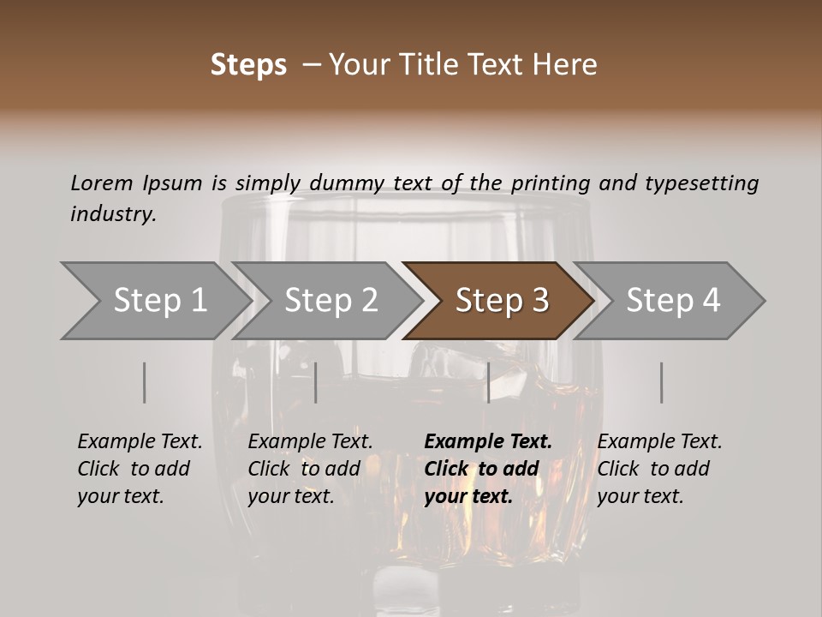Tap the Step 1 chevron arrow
[x=157, y=301]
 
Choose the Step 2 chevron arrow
[x=328, y=301]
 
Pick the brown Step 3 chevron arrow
[x=498, y=301]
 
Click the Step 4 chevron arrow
[x=670, y=301]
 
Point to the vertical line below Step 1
[x=144, y=382]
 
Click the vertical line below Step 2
[x=316, y=382]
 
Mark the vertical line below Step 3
[x=489, y=382]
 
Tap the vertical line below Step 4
[x=662, y=382]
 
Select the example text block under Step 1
[x=140, y=469]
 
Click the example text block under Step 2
[x=310, y=469]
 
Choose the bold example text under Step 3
[x=488, y=469]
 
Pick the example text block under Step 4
[x=659, y=469]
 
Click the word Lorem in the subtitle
[x=102, y=183]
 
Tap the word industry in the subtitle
[x=114, y=214]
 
